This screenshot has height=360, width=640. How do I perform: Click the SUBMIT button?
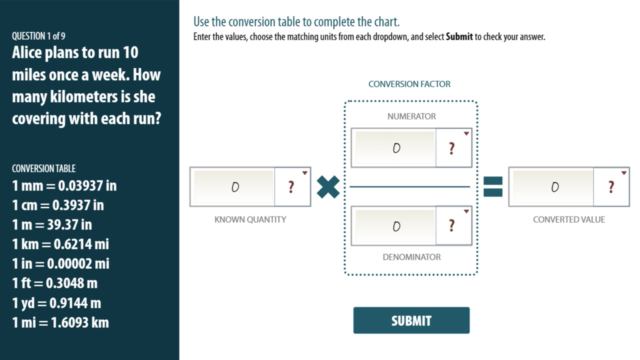pos(411,320)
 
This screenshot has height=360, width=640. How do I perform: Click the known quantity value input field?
pos(234,187)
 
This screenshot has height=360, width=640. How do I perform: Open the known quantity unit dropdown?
pos(292,187)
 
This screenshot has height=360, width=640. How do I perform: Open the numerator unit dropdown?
pos(453,148)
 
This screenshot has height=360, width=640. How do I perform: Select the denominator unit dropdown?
pos(453,226)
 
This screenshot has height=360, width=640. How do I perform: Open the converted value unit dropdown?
pos(611,187)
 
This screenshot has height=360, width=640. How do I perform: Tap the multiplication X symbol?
pos(328,187)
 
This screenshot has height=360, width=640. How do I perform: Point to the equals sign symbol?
pos(492,187)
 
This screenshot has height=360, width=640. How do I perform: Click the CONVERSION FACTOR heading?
pos(409,84)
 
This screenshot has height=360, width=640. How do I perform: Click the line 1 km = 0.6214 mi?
pos(60,244)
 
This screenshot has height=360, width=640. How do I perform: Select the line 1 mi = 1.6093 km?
pos(60,322)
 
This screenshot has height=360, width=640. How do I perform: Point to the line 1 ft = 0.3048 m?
pos(55,283)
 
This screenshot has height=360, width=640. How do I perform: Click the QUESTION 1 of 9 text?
pos(38,36)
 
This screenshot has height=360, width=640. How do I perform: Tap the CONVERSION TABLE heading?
pos(44,168)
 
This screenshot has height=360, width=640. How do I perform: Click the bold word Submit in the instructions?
pos(459,37)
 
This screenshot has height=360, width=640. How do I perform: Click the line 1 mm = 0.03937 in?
pos(64,185)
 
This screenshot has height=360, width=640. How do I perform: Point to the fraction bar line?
pos(410,187)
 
